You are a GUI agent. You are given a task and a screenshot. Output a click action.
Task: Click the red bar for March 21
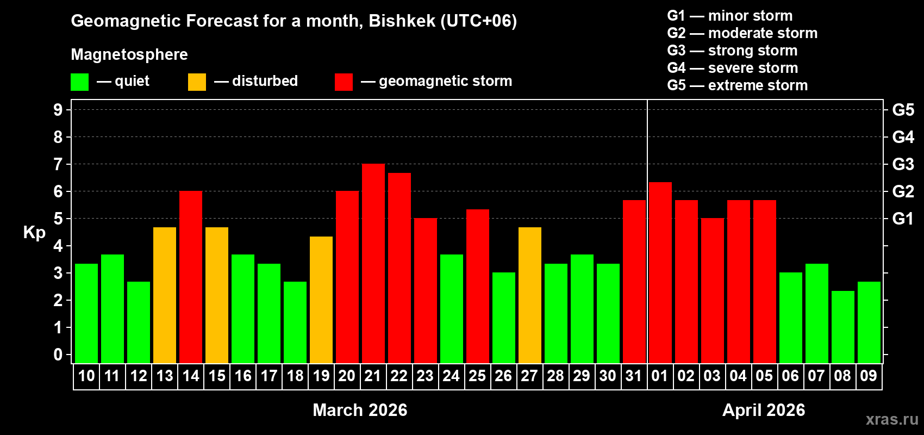tap(373, 264)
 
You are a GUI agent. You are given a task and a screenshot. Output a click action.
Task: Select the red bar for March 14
tap(191, 277)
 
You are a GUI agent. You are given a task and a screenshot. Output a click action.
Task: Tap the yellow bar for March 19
tap(321, 300)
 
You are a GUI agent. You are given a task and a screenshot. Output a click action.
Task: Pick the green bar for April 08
tap(842, 327)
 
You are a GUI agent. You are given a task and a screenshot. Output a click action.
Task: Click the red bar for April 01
tap(660, 272)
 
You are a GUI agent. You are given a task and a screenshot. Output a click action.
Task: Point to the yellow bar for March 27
tap(530, 295)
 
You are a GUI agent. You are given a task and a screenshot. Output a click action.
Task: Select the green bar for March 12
tap(139, 322)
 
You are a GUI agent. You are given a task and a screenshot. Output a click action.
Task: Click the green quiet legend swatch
tap(79, 82)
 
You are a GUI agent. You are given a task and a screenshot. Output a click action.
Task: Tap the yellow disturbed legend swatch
tap(197, 82)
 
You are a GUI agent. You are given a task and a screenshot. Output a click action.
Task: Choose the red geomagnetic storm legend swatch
tap(344, 82)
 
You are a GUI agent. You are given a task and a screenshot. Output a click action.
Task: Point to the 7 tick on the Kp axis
tap(58, 164)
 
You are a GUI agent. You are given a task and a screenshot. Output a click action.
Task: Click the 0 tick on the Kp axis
tap(58, 355)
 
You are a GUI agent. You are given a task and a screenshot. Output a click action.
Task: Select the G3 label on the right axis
tap(903, 164)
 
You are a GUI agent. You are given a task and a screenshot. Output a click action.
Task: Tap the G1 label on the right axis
tap(903, 219)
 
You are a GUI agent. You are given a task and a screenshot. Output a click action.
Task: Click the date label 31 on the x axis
tap(634, 376)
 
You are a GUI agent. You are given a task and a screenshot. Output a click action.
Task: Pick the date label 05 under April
tap(764, 376)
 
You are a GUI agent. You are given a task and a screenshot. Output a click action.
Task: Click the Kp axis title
tap(34, 233)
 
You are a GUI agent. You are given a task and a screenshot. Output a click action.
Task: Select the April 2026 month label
tap(764, 410)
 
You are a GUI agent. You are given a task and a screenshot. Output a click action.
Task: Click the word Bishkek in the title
tap(402, 21)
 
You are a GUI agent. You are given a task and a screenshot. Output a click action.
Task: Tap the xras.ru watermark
tap(892, 419)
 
